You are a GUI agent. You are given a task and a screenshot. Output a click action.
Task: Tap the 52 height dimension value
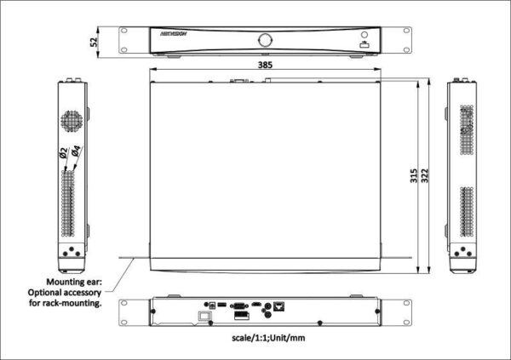pyautogui.click(x=95, y=40)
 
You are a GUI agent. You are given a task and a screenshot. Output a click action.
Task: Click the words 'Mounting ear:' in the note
pyautogui.click(x=74, y=280)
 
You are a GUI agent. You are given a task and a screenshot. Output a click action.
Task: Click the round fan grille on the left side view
pyautogui.click(x=72, y=120)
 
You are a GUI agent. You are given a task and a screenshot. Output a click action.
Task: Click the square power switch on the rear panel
pyautogui.click(x=204, y=316)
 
